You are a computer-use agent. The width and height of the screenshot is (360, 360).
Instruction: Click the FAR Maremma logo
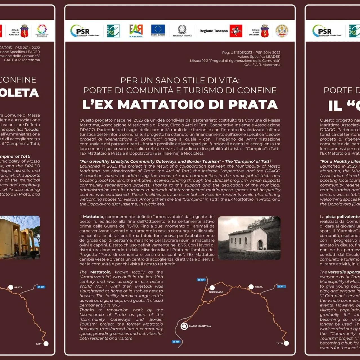click(136, 31)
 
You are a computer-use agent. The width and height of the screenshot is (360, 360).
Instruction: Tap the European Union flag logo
click(158, 30)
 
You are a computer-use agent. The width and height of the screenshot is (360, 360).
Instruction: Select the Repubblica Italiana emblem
click(182, 31)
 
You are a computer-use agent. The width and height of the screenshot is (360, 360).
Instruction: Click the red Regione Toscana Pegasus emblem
click(236, 31)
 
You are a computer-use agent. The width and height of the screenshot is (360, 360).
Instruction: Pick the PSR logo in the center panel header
click(85, 31)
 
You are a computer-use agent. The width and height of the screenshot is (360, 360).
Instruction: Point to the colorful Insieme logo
click(42, 31)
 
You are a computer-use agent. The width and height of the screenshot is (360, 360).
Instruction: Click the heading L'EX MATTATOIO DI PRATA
click(180, 105)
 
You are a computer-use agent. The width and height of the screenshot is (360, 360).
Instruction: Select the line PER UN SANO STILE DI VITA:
click(180, 81)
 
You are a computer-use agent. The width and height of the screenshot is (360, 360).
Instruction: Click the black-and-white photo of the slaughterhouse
click(249, 238)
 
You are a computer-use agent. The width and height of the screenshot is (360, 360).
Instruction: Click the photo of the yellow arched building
click(20, 237)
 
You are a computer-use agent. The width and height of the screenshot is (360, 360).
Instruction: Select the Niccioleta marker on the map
click(212, 288)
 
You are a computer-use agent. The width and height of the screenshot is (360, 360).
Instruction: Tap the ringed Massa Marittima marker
click(184, 326)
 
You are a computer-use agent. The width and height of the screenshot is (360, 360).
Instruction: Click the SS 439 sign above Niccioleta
click(201, 280)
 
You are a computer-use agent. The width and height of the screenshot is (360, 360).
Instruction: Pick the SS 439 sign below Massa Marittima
click(176, 342)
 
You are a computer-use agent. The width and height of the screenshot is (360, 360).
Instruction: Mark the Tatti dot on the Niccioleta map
click(286, 343)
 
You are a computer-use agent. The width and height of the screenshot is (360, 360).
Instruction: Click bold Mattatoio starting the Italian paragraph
click(93, 217)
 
